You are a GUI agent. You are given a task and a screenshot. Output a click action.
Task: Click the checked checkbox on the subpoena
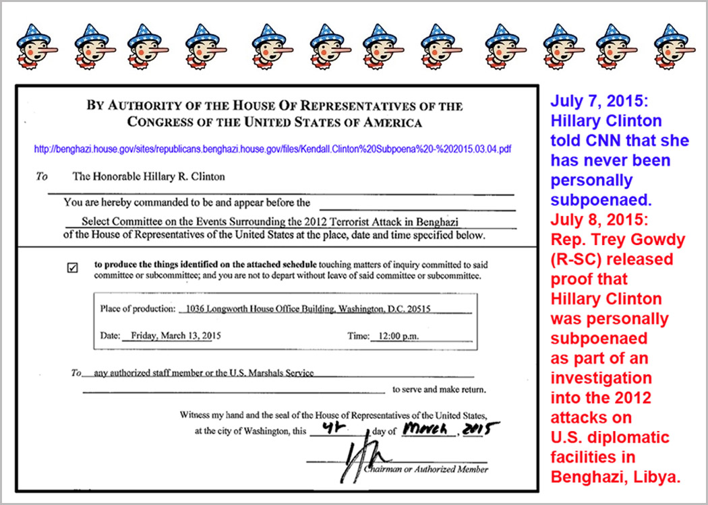tap(73, 267)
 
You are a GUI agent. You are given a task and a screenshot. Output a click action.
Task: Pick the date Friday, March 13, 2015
tap(172, 335)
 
